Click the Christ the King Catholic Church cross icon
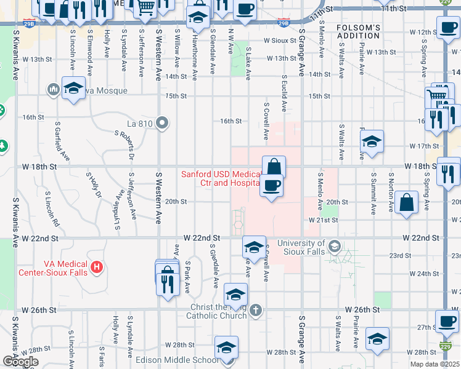[x=257, y=311]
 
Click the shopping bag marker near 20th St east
[x=407, y=202]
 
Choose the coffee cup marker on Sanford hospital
[x=271, y=184]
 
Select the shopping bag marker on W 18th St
[x=274, y=166]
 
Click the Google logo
[x=20, y=362]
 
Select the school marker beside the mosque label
[x=73, y=89]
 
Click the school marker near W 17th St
[x=372, y=141]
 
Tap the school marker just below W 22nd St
[x=253, y=247]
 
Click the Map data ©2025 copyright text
[x=435, y=364]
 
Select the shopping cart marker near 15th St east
[x=436, y=96]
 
